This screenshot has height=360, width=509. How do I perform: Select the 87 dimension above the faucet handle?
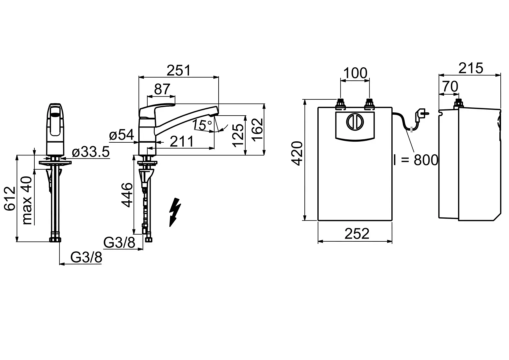[x=162, y=89]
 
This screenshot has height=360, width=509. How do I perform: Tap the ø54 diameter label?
[x=121, y=135]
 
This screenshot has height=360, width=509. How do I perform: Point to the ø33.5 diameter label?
[x=90, y=152]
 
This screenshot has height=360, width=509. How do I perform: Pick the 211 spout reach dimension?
[x=182, y=142]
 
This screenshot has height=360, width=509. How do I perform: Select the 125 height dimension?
[x=238, y=135]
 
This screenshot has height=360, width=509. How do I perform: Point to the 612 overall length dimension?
[x=10, y=198]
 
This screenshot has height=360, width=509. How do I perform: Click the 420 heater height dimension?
[x=298, y=153]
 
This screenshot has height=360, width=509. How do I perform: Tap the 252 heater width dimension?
[x=357, y=234]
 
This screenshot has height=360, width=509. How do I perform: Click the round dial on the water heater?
[x=354, y=122]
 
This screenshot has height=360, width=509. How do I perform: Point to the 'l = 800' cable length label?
[x=415, y=160]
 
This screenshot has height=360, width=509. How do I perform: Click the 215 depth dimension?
[x=470, y=68]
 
